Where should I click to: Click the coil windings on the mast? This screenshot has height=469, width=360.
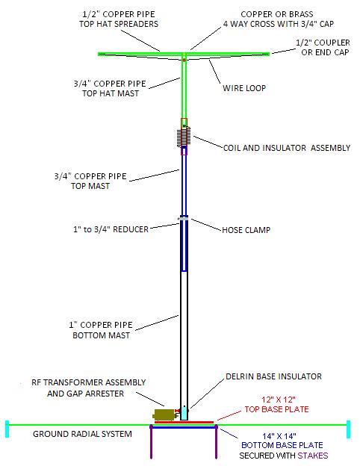[184, 137]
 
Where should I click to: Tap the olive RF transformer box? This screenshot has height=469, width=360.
[164, 415]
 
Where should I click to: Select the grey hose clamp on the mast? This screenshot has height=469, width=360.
[184, 218]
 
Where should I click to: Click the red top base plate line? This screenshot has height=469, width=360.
[184, 423]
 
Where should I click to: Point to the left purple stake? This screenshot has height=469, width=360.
[151, 441]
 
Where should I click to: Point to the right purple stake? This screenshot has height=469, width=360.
[216, 441]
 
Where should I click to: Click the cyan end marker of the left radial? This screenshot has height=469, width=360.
[7, 429]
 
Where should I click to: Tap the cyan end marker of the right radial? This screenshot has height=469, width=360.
[348, 429]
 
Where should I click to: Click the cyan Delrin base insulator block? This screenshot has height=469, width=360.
[184, 413]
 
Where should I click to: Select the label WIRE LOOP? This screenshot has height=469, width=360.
[244, 88]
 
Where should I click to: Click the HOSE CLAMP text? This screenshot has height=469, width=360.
[246, 230]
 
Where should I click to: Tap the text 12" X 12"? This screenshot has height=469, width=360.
[279, 400]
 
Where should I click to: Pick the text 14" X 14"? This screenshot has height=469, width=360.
[279, 436]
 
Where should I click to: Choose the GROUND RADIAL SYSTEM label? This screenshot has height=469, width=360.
[82, 434]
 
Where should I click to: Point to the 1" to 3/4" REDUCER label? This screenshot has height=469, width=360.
[111, 229]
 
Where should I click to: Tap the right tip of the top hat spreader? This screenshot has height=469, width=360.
[270, 54]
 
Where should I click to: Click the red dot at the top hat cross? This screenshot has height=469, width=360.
[184, 60]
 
